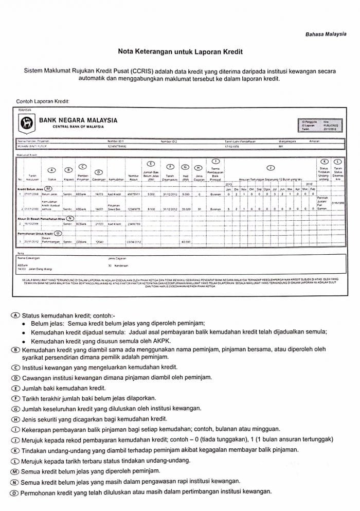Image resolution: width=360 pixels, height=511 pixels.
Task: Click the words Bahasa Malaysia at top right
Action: tap(326, 34)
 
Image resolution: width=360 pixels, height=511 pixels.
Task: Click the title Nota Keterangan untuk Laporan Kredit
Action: tap(180, 52)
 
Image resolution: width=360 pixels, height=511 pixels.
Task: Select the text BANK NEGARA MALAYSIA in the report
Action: tap(81, 120)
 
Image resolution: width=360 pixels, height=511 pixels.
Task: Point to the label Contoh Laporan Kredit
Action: tap(43, 101)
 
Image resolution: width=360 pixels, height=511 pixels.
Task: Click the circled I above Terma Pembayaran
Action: tap(215, 161)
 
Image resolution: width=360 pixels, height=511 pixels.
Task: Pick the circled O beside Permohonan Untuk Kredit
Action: tap(58, 233)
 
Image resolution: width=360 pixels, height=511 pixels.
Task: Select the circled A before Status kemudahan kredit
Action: tap(16, 314)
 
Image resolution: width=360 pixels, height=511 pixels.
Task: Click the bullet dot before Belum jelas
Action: tap(24, 323)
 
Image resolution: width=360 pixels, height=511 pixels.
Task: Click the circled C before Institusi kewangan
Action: tap(16, 367)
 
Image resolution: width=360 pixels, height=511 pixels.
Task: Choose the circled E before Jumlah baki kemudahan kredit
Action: tap(16, 387)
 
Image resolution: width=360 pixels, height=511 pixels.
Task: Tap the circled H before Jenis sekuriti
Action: tap(16, 418)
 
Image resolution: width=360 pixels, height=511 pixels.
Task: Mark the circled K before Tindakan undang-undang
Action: tap(16, 449)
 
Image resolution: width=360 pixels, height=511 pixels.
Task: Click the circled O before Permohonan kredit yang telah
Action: tap(16, 491)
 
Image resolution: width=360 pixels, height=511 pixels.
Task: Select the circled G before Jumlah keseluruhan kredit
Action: tap(16, 408)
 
